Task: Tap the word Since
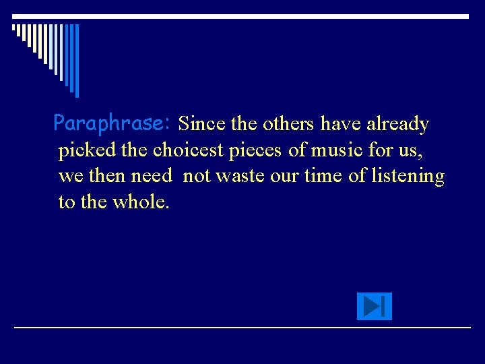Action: coord(202,124)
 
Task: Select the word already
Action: coord(397,124)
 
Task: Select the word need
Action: coord(152,176)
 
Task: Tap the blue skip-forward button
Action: coord(374,307)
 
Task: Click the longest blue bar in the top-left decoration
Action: coord(76,60)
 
